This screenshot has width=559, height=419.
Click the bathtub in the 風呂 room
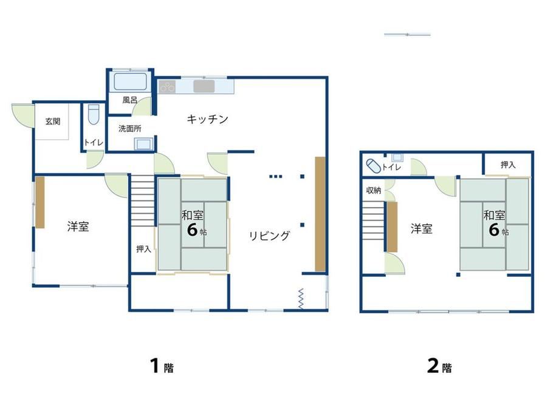(130, 81)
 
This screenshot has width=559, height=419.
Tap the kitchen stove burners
(167, 87)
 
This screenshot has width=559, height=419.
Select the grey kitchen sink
(204, 86)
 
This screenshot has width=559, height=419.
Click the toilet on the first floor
(94, 114)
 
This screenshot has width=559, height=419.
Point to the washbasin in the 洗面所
(143, 144)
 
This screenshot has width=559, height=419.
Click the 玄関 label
(53, 121)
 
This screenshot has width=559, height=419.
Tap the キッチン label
(207, 119)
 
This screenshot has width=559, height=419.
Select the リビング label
(270, 236)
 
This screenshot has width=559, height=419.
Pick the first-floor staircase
(143, 200)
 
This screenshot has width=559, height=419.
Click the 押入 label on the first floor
(143, 249)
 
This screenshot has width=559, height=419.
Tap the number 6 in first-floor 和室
(192, 230)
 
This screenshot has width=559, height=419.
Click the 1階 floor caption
(162, 366)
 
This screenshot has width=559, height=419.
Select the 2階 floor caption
(439, 366)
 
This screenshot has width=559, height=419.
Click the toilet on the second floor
(374, 166)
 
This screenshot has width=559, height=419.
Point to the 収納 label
(374, 191)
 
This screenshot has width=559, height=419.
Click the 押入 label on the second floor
(508, 165)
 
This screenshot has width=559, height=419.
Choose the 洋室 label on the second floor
(422, 228)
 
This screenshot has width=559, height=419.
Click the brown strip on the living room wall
(320, 214)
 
